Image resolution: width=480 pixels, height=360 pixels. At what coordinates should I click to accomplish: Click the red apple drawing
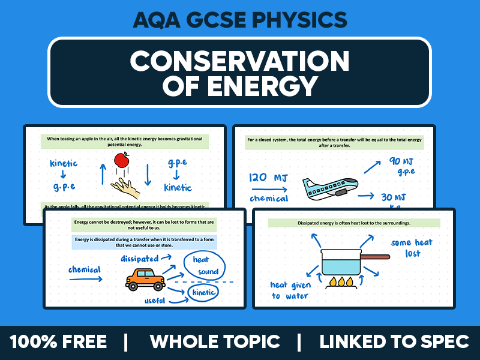point(122,160)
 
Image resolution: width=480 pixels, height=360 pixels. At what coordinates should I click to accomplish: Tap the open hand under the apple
point(127,187)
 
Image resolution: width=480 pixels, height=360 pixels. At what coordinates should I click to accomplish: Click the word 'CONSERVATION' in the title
point(240,61)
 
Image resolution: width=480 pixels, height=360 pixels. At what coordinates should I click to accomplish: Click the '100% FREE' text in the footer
point(59,342)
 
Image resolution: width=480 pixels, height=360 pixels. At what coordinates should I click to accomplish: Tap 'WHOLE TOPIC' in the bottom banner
point(215,342)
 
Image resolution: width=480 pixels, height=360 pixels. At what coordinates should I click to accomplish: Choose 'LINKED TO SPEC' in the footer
point(394,342)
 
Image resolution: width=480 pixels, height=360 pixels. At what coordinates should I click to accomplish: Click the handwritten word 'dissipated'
point(139,259)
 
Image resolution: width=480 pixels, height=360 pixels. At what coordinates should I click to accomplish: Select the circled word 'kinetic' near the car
point(203,292)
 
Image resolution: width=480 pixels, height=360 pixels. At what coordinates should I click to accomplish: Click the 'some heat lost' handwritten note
point(411,248)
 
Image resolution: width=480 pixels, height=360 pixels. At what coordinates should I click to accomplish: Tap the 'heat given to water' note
point(291,290)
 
